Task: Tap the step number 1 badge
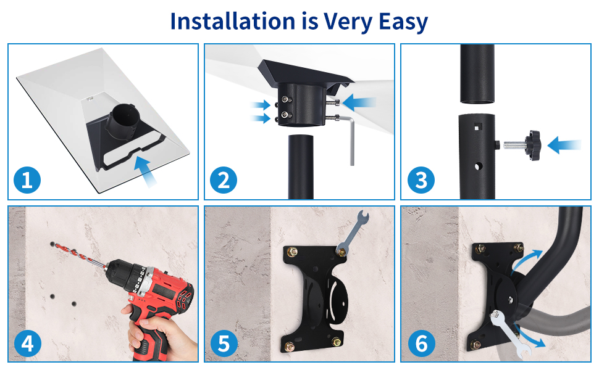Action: point(27,181)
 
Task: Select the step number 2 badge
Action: point(224,181)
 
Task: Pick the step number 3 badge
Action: point(421,181)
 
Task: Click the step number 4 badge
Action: point(27,343)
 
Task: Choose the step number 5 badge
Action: point(224,343)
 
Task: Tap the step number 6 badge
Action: point(421,343)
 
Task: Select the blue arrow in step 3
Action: point(564,146)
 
